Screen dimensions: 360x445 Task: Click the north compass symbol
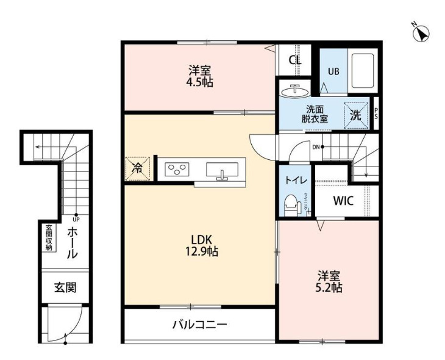coord(420,32)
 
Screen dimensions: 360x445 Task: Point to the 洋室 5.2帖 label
coord(329,281)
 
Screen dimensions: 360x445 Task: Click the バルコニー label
coord(199,325)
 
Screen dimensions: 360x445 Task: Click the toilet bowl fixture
coord(291,203)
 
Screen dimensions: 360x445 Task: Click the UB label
coord(333,71)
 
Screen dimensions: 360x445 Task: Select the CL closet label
coord(295,60)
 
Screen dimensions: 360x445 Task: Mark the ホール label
coord(71,243)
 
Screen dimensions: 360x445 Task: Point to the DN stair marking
coord(316,147)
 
